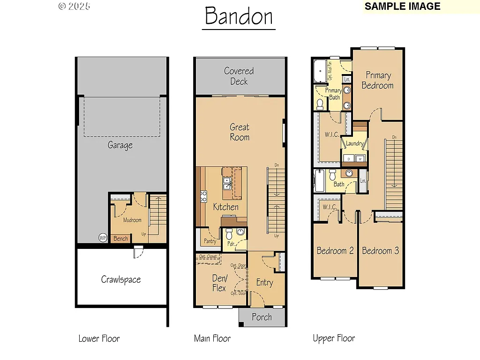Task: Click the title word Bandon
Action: click(x=239, y=16)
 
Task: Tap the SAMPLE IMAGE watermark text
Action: click(x=402, y=7)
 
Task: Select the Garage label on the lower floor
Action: click(x=120, y=145)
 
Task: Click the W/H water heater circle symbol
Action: click(x=103, y=238)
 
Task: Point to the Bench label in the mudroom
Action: click(x=120, y=239)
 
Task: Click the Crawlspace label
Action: click(x=121, y=280)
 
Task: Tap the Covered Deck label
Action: click(x=239, y=76)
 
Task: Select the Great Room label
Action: click(x=240, y=132)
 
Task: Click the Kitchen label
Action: click(x=226, y=207)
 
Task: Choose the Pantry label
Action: click(x=210, y=241)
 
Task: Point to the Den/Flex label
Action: click(x=219, y=283)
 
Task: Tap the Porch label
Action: click(x=262, y=317)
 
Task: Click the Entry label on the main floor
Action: click(x=264, y=283)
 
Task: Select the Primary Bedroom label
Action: click(x=378, y=80)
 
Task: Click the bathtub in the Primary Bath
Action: click(x=320, y=72)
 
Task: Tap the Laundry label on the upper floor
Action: click(x=354, y=144)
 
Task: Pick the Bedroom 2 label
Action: click(x=335, y=251)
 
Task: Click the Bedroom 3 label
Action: click(x=381, y=251)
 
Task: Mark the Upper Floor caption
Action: click(x=334, y=338)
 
